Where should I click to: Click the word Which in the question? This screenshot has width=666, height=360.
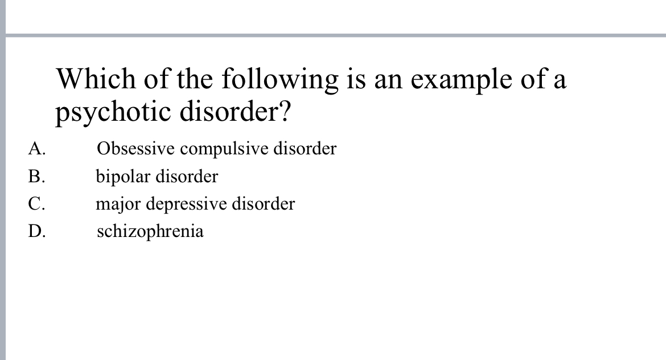coord(96,79)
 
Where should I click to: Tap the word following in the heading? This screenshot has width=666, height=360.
coord(279,80)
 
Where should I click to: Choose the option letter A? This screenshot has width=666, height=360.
coord(36,149)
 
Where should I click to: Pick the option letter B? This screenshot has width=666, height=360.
coord(36,177)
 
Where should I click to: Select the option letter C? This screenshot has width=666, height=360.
coord(36,204)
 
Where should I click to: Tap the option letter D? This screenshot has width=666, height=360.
coord(36,231)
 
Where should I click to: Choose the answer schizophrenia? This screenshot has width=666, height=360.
coord(150,232)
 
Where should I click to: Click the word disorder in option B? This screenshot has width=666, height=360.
coord(187,177)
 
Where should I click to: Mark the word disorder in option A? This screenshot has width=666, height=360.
coord(306,149)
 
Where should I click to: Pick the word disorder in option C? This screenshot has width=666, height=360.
coord(264,204)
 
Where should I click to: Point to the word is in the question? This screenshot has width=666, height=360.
coord(351,79)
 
